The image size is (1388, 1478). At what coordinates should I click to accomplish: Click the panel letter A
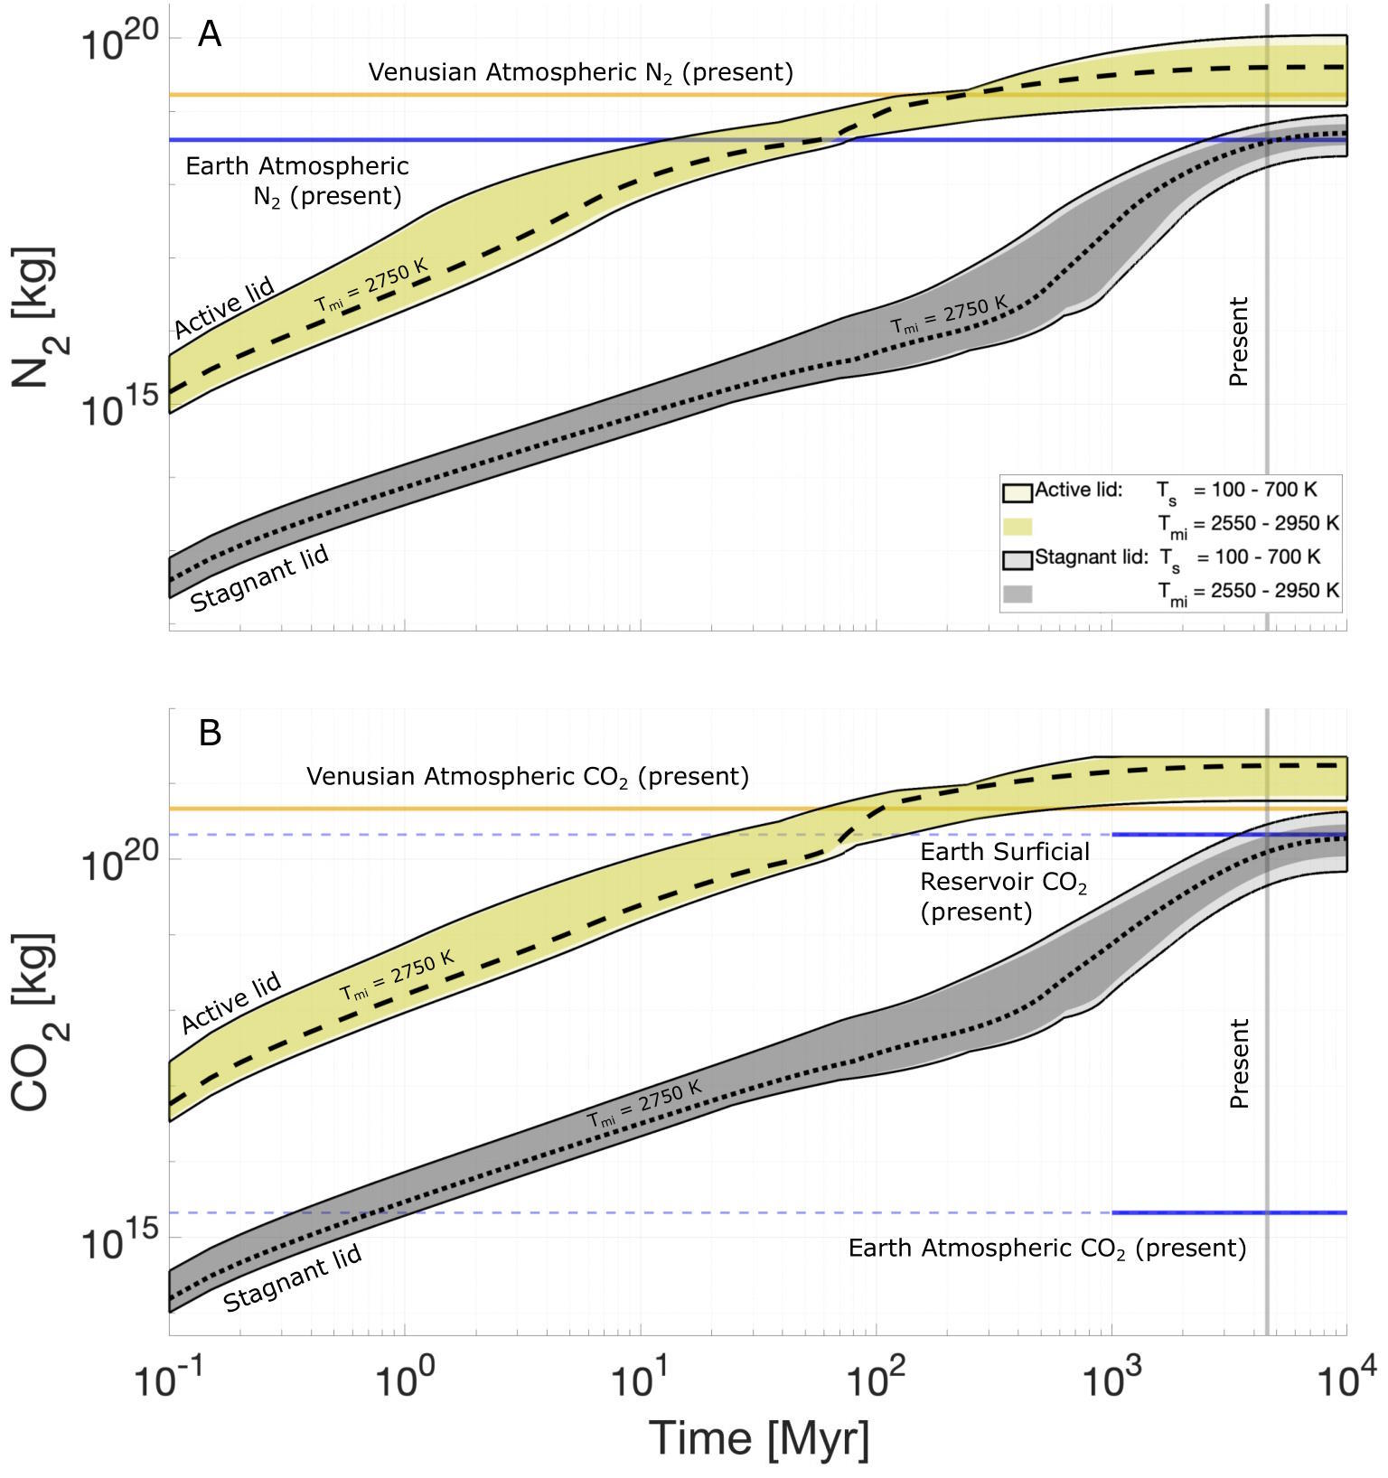coord(210,35)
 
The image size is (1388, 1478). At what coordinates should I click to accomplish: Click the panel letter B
coord(210,733)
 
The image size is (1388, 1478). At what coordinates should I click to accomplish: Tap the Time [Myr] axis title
coord(758,1437)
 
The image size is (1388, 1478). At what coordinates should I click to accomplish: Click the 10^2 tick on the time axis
coord(877,1380)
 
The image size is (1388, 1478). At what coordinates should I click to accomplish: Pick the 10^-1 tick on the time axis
coord(170,1380)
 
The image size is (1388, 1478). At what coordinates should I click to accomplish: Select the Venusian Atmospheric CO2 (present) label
coord(528,777)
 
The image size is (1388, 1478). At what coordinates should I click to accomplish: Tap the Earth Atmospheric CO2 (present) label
coord(1046,1249)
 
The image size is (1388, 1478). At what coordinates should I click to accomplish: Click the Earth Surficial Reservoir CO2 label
coord(1004,882)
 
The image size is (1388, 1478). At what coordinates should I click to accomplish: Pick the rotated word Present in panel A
coord(1239,341)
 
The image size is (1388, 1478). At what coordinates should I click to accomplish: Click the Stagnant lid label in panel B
coord(293,1277)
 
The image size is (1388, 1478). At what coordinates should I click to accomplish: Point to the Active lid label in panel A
coord(224,309)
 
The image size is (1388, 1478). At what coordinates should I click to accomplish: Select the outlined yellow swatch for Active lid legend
coord(1018,492)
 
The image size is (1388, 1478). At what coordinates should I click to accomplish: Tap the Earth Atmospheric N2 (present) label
coord(297,181)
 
